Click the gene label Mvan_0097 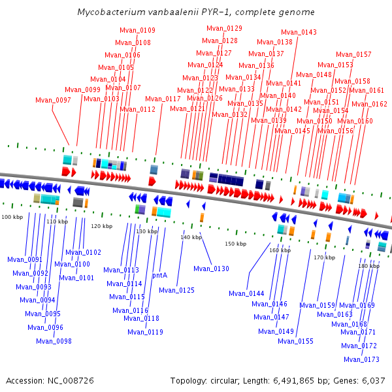tap(53, 100)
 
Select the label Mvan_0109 tap(137, 30)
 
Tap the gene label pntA tap(160, 275)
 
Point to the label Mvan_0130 tap(211, 269)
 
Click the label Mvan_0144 tap(246, 293)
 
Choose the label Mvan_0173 tap(361, 359)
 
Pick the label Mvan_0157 tap(353, 54)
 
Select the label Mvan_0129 tap(224, 28)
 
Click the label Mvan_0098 tap(54, 341)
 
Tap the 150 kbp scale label tap(235, 244)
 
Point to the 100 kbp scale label tap(12, 217)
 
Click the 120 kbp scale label tap(101, 226)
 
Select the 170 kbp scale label tap(325, 257)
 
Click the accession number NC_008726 tap(71, 381)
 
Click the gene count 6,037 tap(374, 381)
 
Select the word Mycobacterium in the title tap(111, 12)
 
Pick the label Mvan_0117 tap(163, 99)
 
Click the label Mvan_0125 tap(177, 290)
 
